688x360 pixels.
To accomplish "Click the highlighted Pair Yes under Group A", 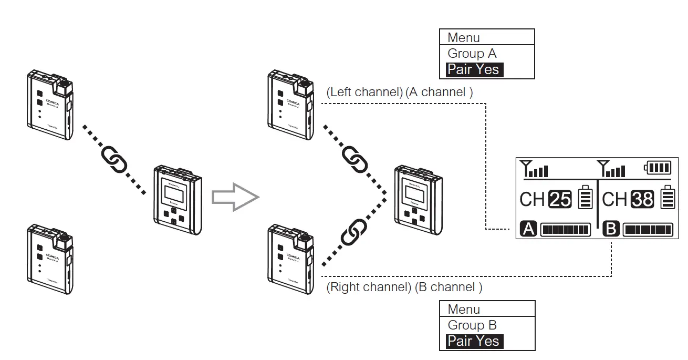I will [x=474, y=69].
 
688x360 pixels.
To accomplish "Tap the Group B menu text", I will [x=472, y=325].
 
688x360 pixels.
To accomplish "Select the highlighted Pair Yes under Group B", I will [x=474, y=341].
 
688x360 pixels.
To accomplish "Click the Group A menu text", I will [x=472, y=54].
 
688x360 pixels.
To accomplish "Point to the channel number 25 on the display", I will [x=560, y=199].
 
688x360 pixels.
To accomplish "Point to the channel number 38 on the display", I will [x=642, y=199].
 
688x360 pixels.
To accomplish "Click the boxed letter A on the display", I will [x=528, y=230].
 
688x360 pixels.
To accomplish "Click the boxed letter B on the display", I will [x=611, y=230].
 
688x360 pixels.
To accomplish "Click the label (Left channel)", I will [x=364, y=92].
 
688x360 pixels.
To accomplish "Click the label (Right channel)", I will [x=368, y=287].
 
